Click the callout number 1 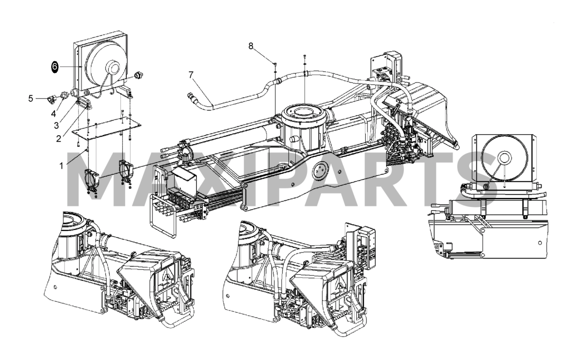61,166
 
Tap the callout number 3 56,125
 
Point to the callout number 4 54,114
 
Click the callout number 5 31,98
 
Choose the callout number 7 191,74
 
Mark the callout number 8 251,46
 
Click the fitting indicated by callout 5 50,98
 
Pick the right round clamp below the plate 126,171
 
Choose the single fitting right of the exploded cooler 138,74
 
